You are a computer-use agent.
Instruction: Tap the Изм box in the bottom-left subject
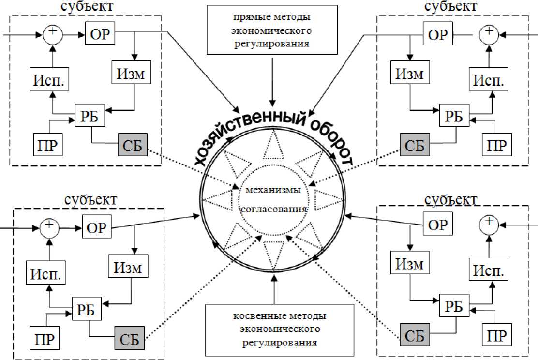(x=128, y=268)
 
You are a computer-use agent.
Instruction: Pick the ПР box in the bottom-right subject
(x=497, y=335)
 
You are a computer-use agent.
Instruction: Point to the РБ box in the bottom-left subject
(x=88, y=309)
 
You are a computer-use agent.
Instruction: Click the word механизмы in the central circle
(x=274, y=189)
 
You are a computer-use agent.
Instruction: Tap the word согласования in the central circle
(x=274, y=210)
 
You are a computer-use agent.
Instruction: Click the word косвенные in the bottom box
(x=251, y=317)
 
